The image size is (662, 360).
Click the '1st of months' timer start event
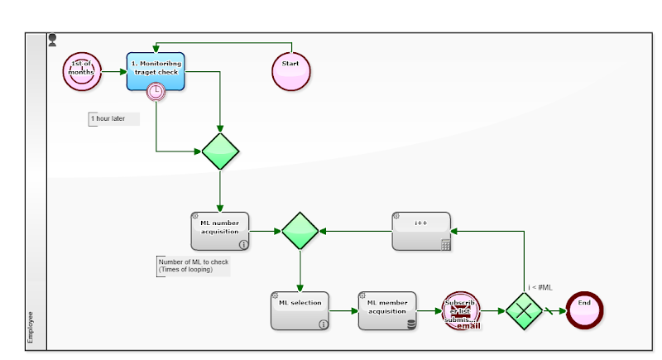click(x=81, y=71)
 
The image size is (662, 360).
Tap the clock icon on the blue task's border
click(x=155, y=92)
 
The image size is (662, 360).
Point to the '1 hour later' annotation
click(x=113, y=119)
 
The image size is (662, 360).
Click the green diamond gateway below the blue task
click(x=220, y=151)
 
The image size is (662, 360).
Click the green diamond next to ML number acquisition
click(x=300, y=231)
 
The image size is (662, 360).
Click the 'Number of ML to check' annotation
click(x=193, y=266)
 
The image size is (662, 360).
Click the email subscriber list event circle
click(x=461, y=311)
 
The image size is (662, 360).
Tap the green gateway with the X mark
click(x=524, y=311)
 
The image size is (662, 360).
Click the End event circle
click(x=584, y=310)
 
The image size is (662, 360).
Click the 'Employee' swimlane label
click(x=31, y=326)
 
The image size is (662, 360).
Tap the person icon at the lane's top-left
click(x=53, y=39)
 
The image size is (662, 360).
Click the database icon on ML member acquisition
click(x=411, y=324)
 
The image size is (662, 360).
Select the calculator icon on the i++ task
click(x=445, y=245)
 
